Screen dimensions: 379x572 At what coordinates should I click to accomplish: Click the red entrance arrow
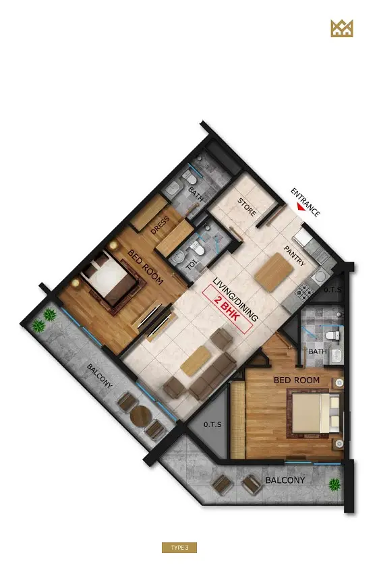tap(301, 207)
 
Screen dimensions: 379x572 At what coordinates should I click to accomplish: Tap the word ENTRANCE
tap(305, 202)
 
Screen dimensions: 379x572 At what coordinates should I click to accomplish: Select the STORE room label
tap(247, 207)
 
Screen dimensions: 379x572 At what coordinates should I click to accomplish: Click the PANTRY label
tap(295, 256)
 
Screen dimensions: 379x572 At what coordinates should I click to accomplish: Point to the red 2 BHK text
tap(227, 310)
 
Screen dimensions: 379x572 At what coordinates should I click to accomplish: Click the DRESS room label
tap(160, 225)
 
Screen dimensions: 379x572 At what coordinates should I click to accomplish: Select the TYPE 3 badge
tap(179, 548)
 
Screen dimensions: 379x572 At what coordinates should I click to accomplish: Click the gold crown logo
tap(342, 28)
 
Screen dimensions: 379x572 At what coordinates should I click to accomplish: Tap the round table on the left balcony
tap(140, 415)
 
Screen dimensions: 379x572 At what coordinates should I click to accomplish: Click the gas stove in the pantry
tap(302, 291)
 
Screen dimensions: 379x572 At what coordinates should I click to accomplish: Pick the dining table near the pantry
tap(274, 273)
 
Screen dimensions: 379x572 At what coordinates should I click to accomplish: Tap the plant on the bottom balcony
tap(334, 485)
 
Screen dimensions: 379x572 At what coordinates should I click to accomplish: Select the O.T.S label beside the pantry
tap(332, 290)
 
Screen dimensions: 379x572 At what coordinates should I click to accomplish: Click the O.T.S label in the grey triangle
tap(212, 425)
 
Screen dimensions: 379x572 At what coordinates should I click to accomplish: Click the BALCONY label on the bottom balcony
tap(285, 480)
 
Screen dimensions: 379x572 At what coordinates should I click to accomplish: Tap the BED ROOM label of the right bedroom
tap(297, 380)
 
